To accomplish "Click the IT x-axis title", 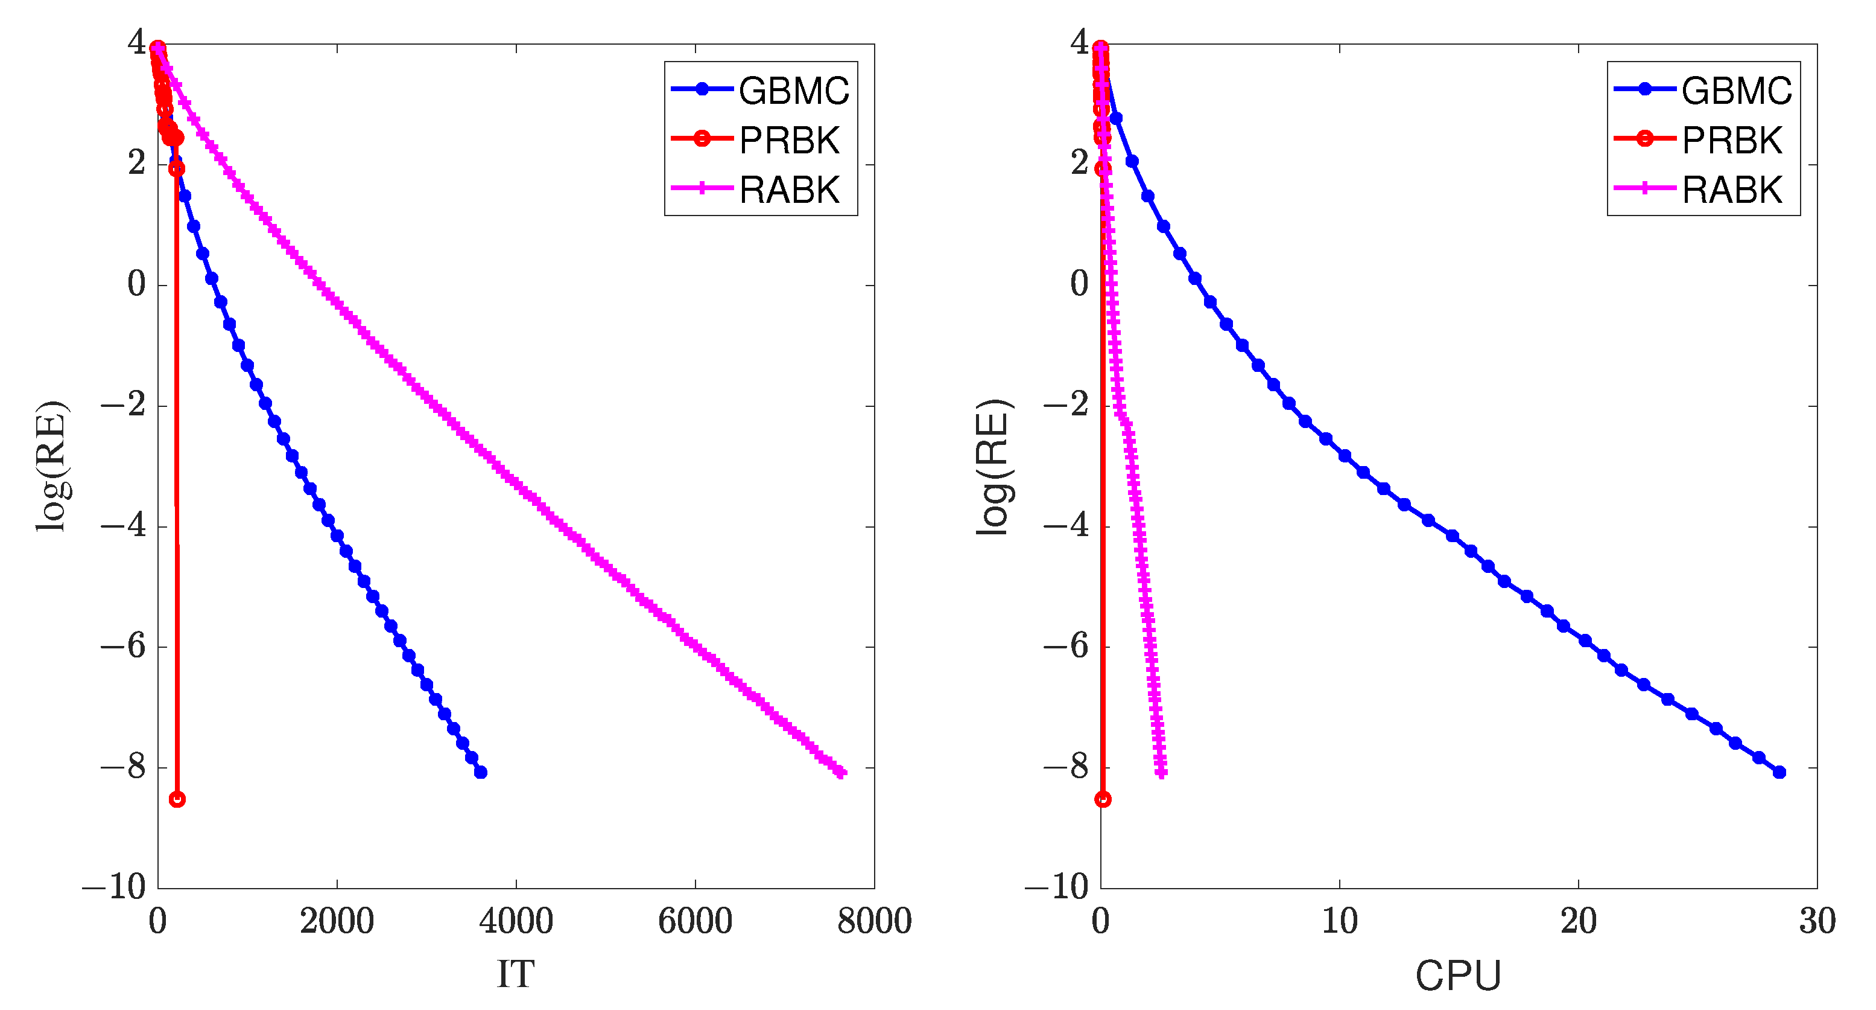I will pos(516,974).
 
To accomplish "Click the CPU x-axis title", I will pos(1458,975).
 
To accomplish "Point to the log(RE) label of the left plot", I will pos(52,467).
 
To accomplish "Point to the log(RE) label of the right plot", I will pos(993,467).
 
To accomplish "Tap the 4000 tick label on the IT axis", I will pos(516,921).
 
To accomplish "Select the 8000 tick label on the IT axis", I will pos(874,921).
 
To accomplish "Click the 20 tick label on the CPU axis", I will pos(1578,921).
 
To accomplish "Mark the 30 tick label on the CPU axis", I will pos(1817,921).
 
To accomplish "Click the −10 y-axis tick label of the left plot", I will pos(115,887).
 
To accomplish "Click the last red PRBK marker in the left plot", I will pos(177,799).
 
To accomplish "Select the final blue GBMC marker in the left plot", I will pos(481,772).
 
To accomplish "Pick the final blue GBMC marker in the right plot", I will pos(1779,772).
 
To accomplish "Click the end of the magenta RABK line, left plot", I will pos(842,772).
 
